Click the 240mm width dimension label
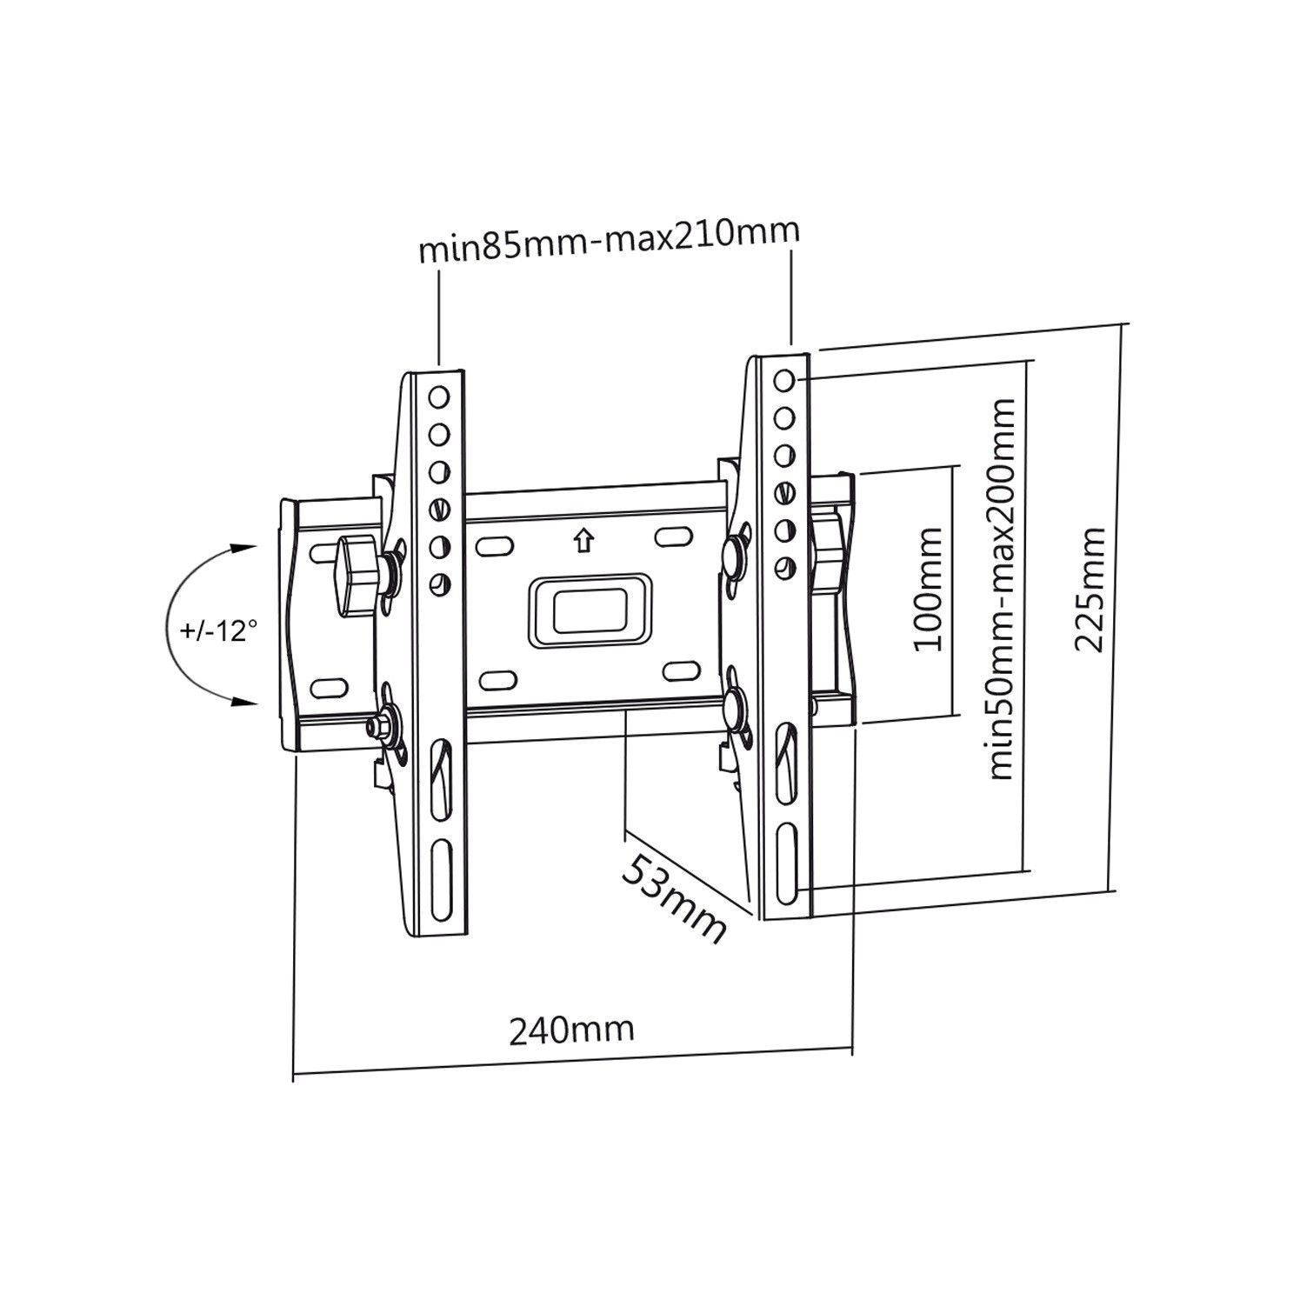(x=571, y=1030)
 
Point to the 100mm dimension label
(x=925, y=589)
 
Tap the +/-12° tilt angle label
(x=220, y=630)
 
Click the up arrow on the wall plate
(x=581, y=541)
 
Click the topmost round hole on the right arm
(x=783, y=381)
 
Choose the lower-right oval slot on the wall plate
(x=681, y=670)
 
